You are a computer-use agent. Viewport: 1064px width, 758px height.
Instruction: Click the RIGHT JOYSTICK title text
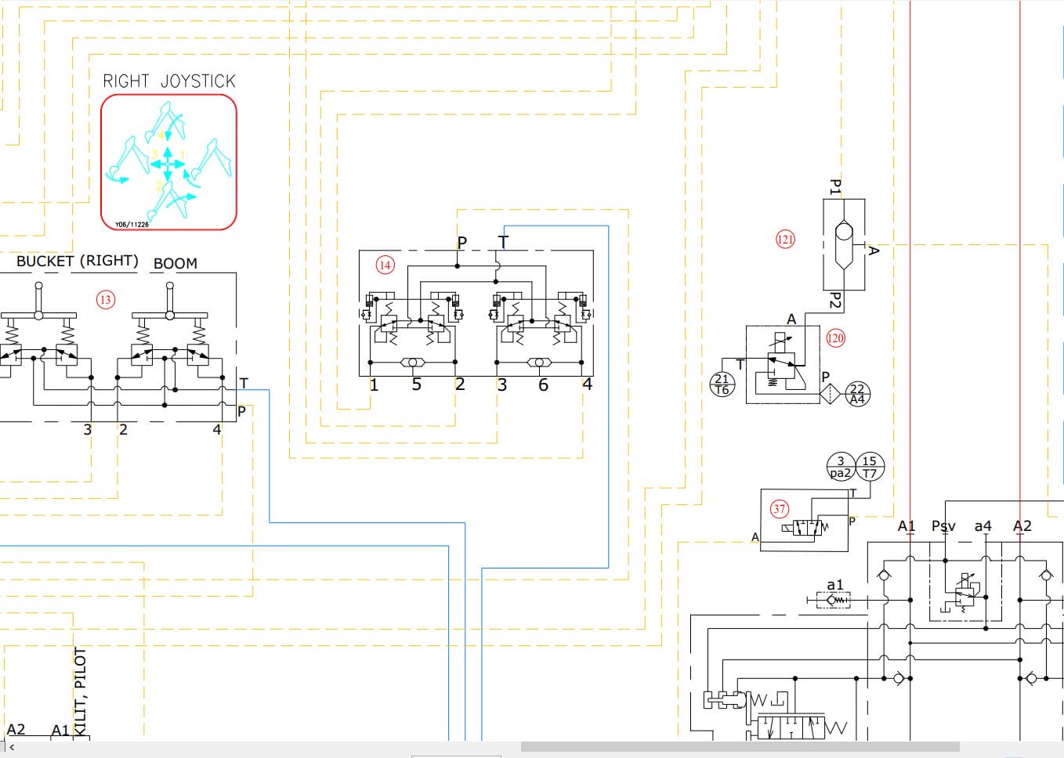tap(169, 81)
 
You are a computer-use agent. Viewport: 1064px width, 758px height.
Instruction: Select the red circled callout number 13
tap(105, 299)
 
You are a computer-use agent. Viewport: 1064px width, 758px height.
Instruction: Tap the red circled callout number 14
tap(385, 265)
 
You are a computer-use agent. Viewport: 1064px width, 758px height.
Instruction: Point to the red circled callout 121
tap(785, 240)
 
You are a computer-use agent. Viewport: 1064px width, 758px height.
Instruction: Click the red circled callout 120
tap(836, 338)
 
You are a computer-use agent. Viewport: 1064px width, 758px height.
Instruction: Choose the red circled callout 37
tap(779, 509)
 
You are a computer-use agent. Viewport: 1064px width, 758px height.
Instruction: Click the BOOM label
tap(176, 264)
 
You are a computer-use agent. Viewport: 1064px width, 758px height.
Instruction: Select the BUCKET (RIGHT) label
tap(77, 262)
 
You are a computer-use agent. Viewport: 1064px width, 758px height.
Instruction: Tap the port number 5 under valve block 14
tap(417, 384)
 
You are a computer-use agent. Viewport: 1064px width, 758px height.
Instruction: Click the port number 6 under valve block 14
tap(543, 384)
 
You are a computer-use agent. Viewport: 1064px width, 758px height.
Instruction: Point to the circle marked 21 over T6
tap(722, 384)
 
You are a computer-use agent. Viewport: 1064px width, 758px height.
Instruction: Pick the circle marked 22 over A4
tap(857, 393)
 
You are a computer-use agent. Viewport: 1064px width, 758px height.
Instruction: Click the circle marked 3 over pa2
tap(841, 467)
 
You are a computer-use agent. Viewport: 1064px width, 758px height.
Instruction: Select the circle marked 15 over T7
tap(870, 467)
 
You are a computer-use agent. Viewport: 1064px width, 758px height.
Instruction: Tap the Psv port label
tap(943, 526)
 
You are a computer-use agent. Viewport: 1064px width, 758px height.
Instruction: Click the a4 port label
tap(983, 526)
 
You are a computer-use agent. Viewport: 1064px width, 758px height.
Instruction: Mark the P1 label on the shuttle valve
tap(835, 187)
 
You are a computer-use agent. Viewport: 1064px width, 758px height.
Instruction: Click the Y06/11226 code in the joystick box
tap(132, 225)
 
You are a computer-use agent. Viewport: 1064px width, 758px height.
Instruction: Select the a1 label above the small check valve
tap(835, 585)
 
